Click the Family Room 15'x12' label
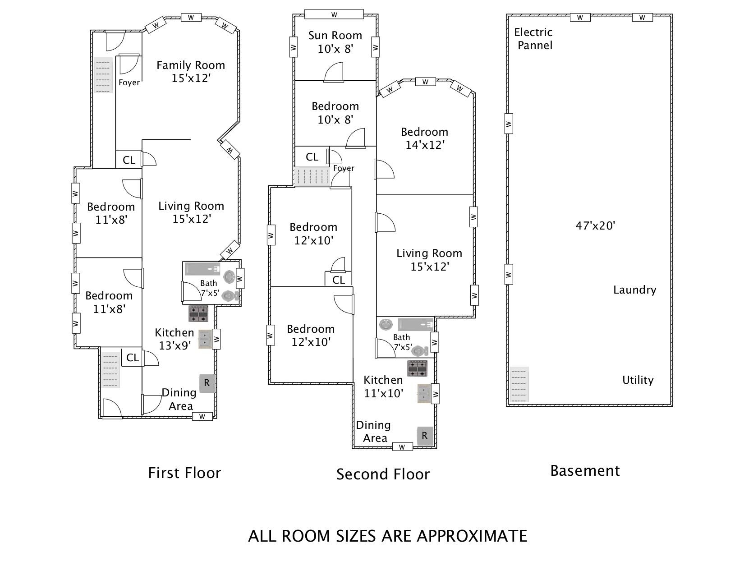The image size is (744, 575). [x=191, y=72]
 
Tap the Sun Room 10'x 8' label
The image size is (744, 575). [x=335, y=42]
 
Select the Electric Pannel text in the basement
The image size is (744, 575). [x=534, y=39]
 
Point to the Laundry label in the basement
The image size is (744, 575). [x=634, y=290]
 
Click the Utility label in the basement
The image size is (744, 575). [x=638, y=380]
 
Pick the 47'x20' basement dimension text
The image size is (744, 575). [x=595, y=225]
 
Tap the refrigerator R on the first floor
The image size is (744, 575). [x=207, y=383]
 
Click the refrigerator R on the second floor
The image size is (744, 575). [x=425, y=436]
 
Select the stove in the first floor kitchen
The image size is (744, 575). [x=198, y=313]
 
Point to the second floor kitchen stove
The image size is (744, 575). [x=417, y=368]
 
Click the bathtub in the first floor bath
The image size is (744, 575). [x=202, y=269]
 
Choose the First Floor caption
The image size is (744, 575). [x=184, y=473]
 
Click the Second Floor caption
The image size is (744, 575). [x=383, y=474]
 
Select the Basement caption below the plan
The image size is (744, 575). [x=585, y=471]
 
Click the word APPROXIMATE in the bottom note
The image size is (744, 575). [x=472, y=536]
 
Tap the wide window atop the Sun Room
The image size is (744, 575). [x=334, y=14]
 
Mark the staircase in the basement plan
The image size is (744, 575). [x=519, y=385]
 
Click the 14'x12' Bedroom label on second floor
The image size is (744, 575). [x=424, y=138]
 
